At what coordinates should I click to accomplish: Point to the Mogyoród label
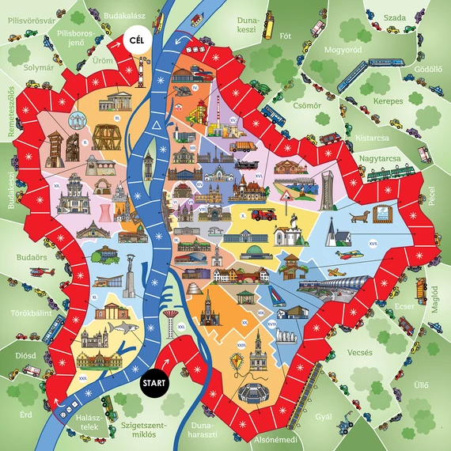(343, 50)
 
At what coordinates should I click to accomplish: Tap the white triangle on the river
(157, 127)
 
